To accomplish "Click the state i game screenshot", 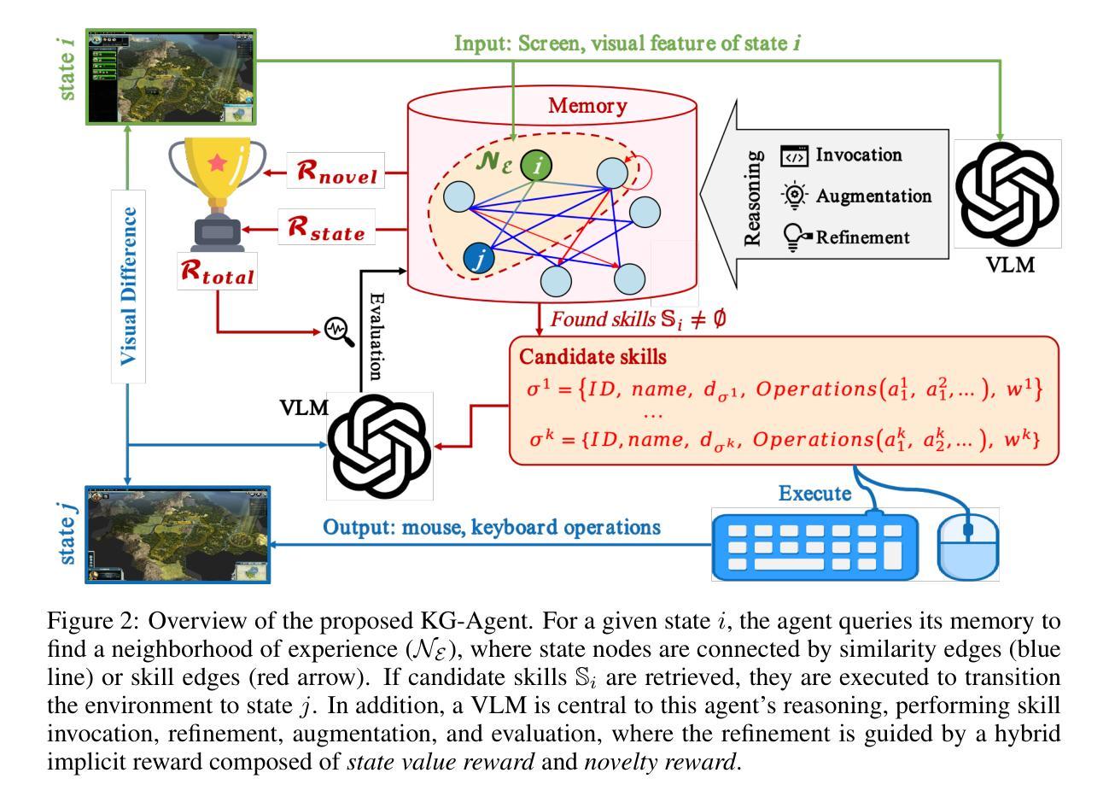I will (172, 77).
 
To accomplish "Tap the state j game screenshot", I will (178, 534).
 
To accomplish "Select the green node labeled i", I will (536, 167).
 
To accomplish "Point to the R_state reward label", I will (326, 229).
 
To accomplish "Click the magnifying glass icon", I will (340, 331).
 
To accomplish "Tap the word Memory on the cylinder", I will (587, 106).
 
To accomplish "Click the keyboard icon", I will (815, 543).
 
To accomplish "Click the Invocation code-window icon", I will (794, 156).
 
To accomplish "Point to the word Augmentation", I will (873, 196).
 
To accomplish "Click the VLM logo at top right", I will (1007, 194).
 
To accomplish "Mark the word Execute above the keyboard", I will (814, 493).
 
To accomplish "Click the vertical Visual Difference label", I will (129, 285).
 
